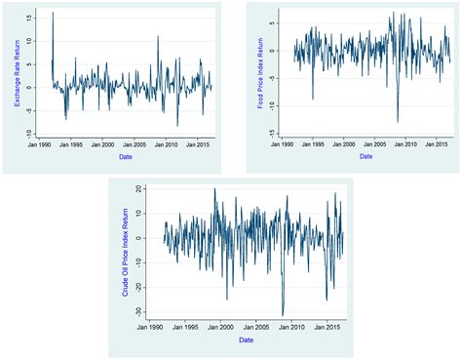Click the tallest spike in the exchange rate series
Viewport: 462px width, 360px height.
53,13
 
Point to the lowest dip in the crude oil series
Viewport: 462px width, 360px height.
283,315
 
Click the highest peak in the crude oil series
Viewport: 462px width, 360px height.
214,189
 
